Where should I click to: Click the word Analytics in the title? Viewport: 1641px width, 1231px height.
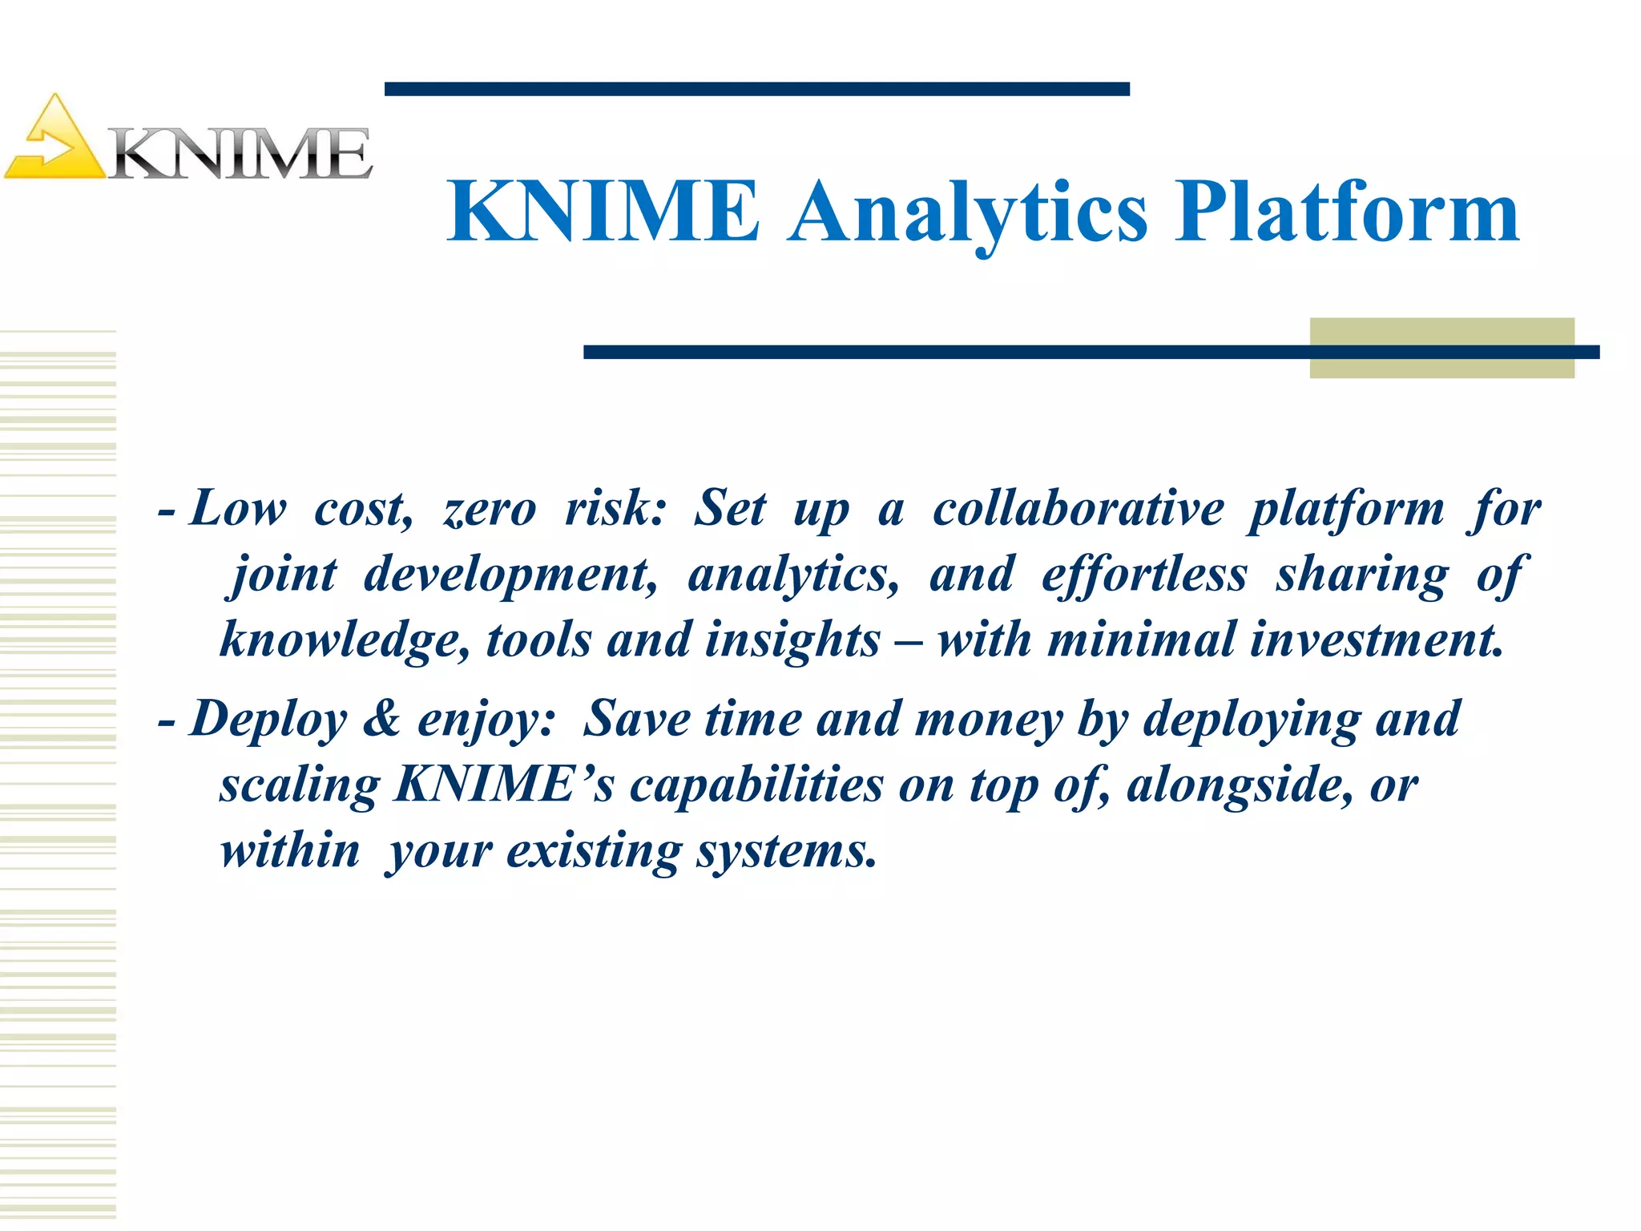click(967, 212)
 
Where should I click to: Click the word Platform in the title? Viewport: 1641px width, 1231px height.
click(1346, 212)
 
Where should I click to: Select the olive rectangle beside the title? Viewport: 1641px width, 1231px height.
click(1441, 348)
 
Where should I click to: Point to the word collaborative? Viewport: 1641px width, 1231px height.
click(1078, 509)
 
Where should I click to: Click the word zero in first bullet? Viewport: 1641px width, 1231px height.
click(490, 511)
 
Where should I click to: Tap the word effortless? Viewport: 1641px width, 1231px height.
click(1143, 575)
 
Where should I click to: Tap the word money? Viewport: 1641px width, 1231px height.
click(988, 719)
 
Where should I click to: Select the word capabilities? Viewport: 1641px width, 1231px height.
click(756, 785)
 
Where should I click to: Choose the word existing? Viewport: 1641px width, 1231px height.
click(594, 851)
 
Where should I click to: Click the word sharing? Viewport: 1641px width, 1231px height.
click(1362, 575)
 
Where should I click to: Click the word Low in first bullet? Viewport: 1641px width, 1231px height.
click(238, 509)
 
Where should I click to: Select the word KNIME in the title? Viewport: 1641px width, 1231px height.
click(603, 212)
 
